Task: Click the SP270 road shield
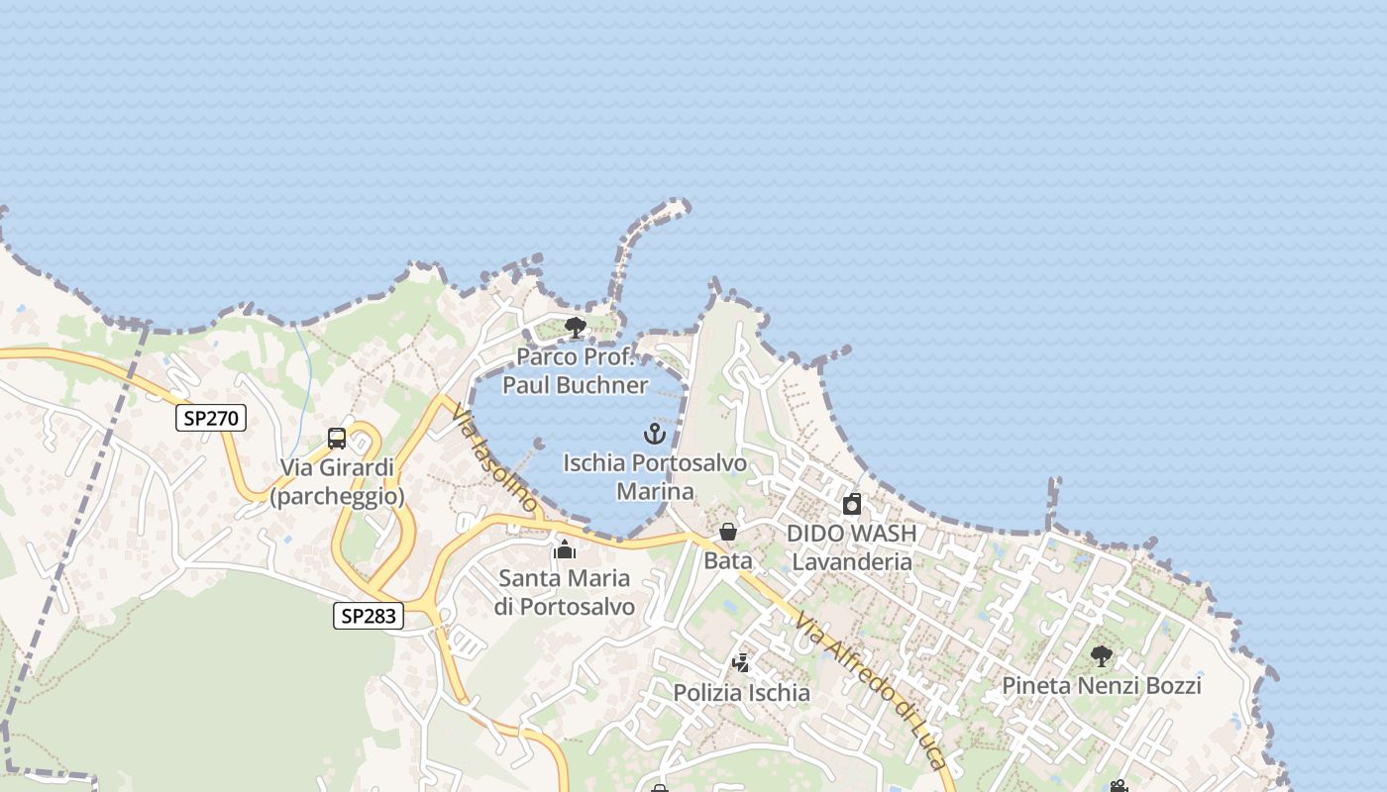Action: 211,418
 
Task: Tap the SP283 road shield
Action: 368,616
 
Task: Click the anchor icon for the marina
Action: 654,434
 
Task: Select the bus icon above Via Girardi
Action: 337,439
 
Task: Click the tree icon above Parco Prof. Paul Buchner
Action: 575,328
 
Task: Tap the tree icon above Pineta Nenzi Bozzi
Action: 1101,655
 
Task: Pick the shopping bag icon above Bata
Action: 728,533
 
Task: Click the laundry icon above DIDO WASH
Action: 852,505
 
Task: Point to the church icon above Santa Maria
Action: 565,549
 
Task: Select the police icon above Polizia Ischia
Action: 741,663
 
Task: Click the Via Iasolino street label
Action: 492,458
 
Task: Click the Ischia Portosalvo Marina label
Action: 655,476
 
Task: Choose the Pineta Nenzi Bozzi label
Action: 1102,685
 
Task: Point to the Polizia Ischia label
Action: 742,693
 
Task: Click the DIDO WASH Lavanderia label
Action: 852,547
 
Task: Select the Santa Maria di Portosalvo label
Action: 566,592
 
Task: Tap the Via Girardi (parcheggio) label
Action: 337,481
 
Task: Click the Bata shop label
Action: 728,560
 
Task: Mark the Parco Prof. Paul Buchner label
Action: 575,370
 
